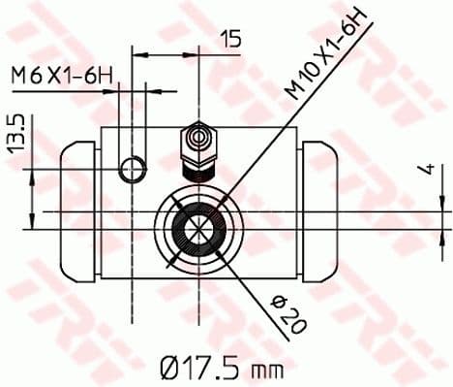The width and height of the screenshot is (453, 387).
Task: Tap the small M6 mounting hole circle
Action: pyautogui.click(x=131, y=172)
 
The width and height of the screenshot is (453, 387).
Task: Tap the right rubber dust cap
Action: pyautogui.click(x=325, y=208)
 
